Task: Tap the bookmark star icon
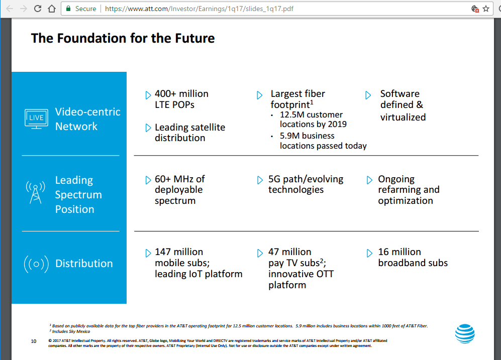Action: (x=486, y=9)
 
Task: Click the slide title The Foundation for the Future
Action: (x=123, y=38)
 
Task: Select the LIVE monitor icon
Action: (x=37, y=118)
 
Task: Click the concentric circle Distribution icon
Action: (x=36, y=264)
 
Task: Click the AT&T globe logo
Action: (x=465, y=334)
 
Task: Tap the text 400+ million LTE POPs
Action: (x=181, y=99)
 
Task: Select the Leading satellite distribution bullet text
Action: (x=189, y=133)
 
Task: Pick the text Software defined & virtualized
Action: (x=403, y=105)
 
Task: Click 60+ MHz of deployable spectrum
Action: (x=179, y=190)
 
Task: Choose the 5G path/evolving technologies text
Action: (x=306, y=184)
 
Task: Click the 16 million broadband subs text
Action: (x=413, y=257)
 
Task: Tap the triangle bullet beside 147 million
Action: (x=148, y=253)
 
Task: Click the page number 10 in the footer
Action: (x=34, y=341)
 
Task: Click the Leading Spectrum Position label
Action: (x=78, y=195)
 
